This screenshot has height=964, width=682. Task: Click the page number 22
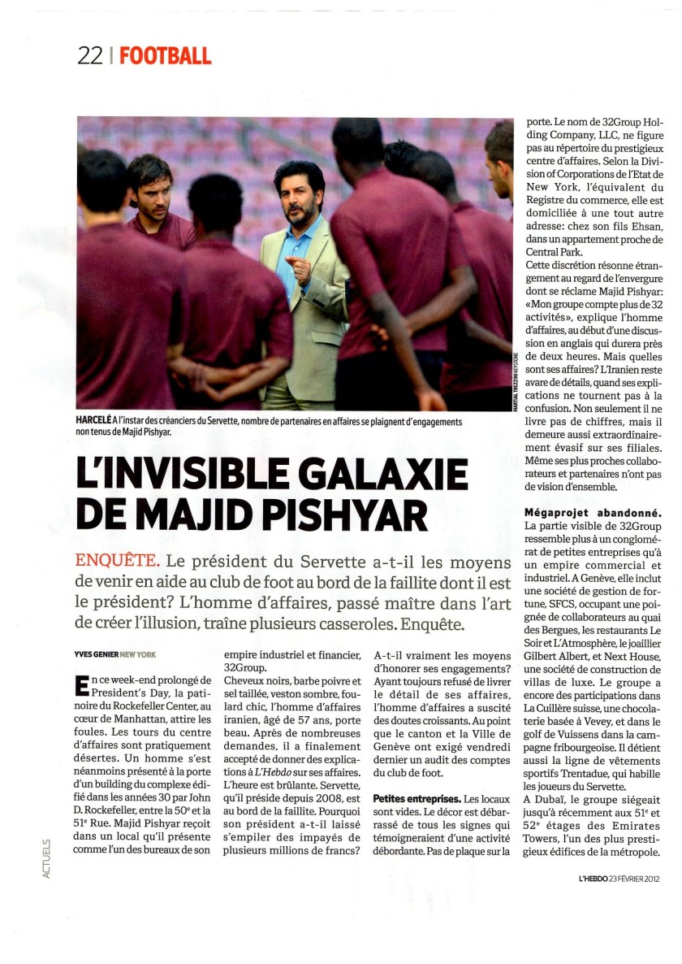(90, 55)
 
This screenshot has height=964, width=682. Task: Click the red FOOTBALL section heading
(165, 55)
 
